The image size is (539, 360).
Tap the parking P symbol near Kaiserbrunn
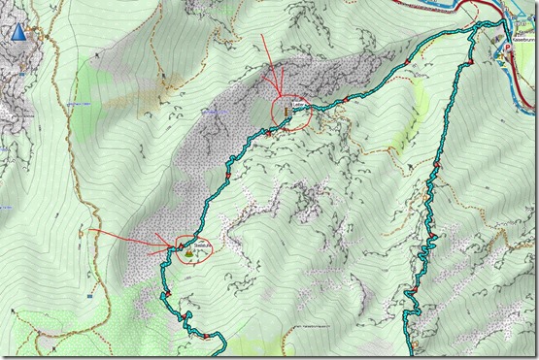(507, 45)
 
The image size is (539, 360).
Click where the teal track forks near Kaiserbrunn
(474, 32)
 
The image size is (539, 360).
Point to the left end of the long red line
(89, 230)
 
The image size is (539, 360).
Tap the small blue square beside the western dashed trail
(8, 207)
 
